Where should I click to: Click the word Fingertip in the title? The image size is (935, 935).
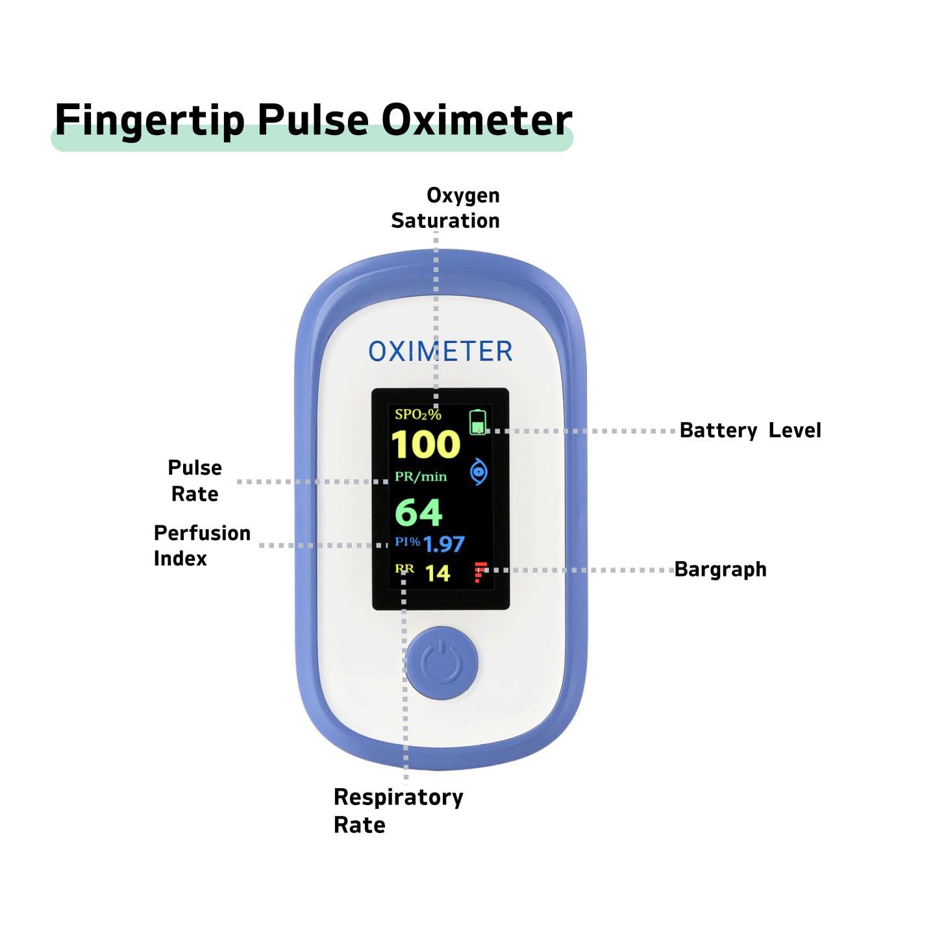pyautogui.click(x=149, y=120)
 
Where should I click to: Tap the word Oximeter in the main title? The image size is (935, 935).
pyautogui.click(x=476, y=120)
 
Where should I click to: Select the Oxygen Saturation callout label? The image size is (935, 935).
pyautogui.click(x=445, y=208)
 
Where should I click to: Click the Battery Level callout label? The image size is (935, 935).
pyautogui.click(x=750, y=430)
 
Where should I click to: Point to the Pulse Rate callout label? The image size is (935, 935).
pyautogui.click(x=195, y=480)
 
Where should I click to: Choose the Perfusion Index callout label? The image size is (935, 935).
pyautogui.click(x=201, y=545)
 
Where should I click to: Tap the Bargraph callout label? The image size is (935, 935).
pyautogui.click(x=720, y=569)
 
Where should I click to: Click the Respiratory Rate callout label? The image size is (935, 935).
pyautogui.click(x=397, y=810)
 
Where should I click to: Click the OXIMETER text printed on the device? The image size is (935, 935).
pyautogui.click(x=440, y=351)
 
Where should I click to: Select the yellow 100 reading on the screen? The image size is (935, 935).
pyautogui.click(x=426, y=445)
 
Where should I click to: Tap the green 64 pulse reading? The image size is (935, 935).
pyautogui.click(x=419, y=512)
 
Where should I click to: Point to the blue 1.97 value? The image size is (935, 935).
pyautogui.click(x=444, y=544)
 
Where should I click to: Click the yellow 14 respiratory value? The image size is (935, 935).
pyautogui.click(x=438, y=573)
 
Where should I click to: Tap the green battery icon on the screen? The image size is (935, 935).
pyautogui.click(x=479, y=422)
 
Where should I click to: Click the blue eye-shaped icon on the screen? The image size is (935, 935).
pyautogui.click(x=479, y=472)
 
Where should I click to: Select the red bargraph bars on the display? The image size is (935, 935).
pyautogui.click(x=480, y=572)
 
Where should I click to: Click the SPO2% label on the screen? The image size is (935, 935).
pyautogui.click(x=418, y=414)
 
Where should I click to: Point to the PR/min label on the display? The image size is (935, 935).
pyautogui.click(x=421, y=477)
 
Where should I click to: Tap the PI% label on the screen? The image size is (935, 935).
pyautogui.click(x=407, y=541)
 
